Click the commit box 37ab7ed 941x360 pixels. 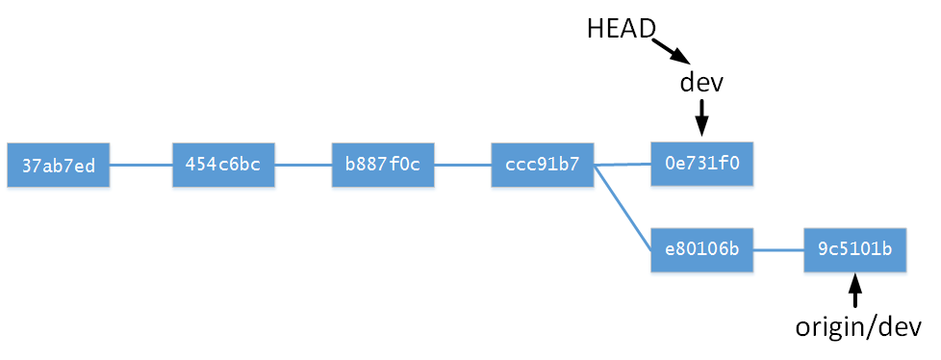(59, 165)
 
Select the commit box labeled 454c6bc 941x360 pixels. (223, 165)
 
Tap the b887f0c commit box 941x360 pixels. (383, 165)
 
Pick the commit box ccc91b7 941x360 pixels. (543, 165)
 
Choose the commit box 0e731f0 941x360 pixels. (702, 164)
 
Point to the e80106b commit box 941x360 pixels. (702, 249)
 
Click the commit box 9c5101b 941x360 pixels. (855, 249)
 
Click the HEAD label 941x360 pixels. (621, 29)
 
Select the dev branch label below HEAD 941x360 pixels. (701, 83)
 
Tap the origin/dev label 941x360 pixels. (858, 327)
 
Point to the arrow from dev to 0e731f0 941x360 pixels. (702, 116)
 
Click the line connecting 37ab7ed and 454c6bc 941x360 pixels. (141, 165)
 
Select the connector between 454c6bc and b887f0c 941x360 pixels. (303, 165)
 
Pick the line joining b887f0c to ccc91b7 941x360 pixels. (463, 165)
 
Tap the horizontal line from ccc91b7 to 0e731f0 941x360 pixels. (623, 165)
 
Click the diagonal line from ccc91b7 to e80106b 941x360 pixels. (623, 208)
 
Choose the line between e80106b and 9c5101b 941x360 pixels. (778, 249)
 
